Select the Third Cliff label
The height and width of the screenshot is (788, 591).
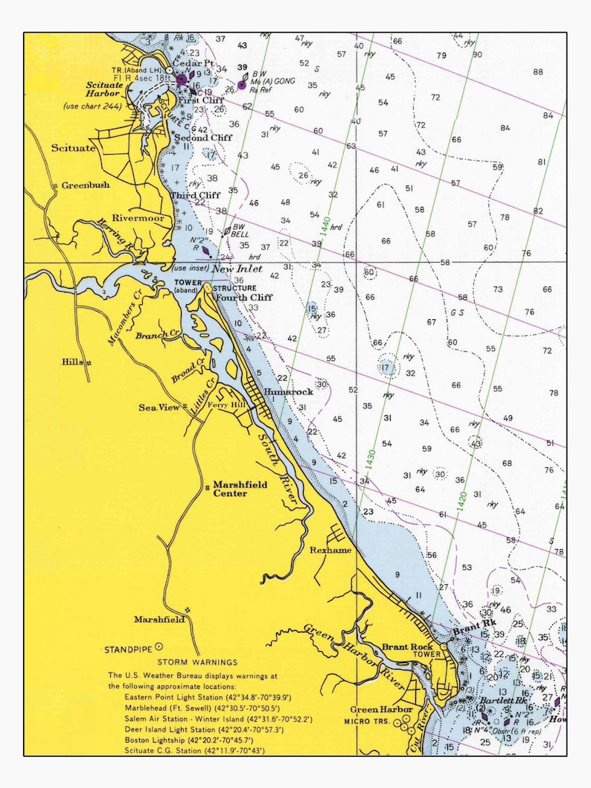pos(194,196)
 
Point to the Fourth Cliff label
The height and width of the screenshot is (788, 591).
pos(244,298)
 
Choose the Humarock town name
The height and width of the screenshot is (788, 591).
pos(287,391)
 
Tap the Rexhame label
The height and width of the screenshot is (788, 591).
pos(330,550)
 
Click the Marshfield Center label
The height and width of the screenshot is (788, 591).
pos(240,488)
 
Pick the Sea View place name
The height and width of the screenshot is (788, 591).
pos(159,407)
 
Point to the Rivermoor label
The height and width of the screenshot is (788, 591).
pos(138,218)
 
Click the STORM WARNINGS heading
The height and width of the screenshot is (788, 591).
pos(197,662)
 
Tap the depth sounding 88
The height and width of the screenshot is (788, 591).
pos(537,71)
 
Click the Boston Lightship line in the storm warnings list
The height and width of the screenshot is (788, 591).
pos(195,741)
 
